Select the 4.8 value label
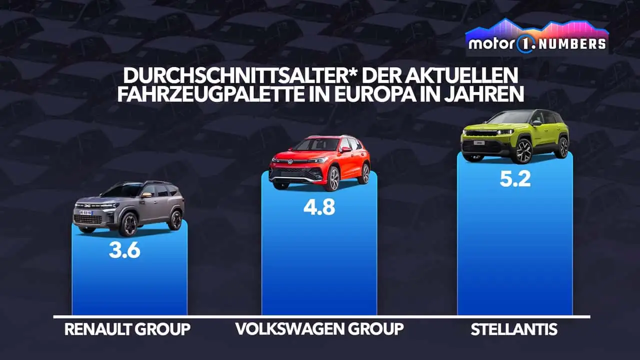(x=319, y=206)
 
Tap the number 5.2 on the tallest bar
(x=515, y=178)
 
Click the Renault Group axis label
(x=127, y=329)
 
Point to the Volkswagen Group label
(x=319, y=329)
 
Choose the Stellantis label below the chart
(x=514, y=329)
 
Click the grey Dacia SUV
(x=129, y=207)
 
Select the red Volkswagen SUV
(x=319, y=162)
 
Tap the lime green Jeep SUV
(x=514, y=136)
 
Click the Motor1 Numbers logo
(x=537, y=37)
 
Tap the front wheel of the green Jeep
(x=523, y=151)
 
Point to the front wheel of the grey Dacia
(x=128, y=224)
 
